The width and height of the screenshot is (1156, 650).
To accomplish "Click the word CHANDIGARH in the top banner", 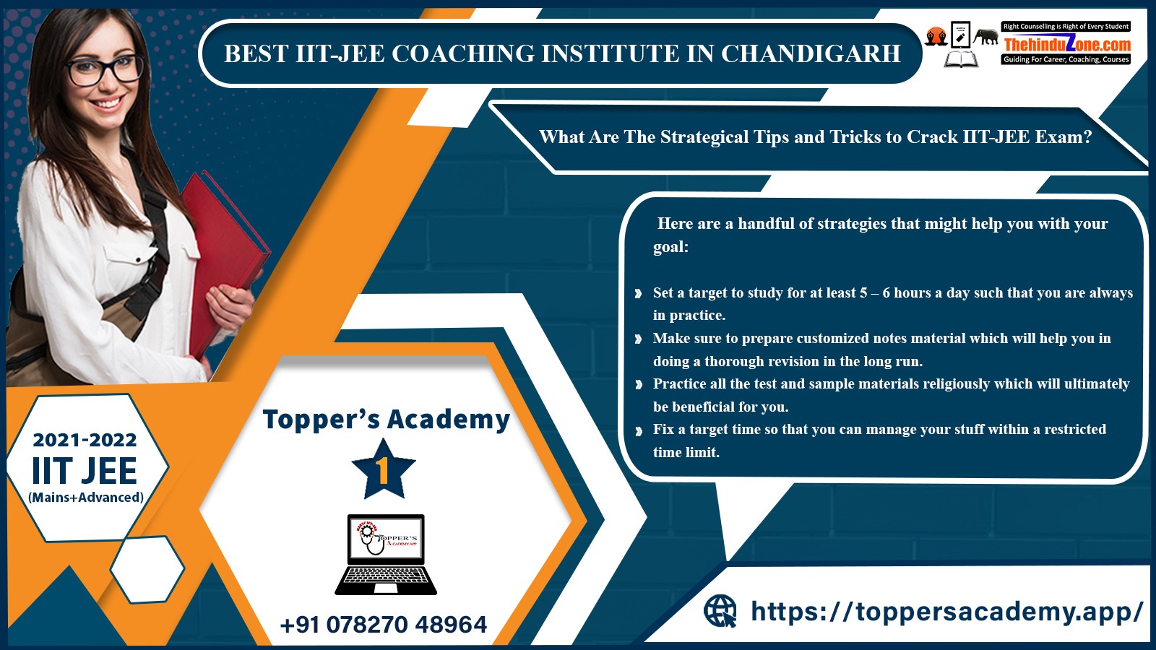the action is click(811, 53).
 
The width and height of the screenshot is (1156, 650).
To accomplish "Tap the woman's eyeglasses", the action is click(105, 70).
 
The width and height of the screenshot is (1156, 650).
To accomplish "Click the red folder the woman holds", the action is click(222, 258).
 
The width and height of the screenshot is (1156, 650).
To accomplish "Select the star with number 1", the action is click(384, 469).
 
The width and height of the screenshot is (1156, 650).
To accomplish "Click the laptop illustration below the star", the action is click(386, 555).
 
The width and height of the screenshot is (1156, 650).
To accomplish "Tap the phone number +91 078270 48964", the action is click(384, 625).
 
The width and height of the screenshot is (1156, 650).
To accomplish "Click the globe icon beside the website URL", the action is click(720, 611).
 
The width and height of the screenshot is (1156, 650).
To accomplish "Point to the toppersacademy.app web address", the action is click(947, 612).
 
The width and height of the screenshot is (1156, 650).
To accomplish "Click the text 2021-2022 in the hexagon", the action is click(85, 440).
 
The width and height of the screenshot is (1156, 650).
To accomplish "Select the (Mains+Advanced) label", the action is click(86, 498).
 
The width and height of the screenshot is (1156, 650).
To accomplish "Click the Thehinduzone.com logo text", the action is click(1067, 44).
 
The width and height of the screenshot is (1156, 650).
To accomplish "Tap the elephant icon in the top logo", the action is click(986, 37).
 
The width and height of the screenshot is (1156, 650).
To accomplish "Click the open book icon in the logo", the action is click(961, 58).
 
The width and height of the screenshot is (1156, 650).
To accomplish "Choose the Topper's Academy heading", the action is click(387, 420).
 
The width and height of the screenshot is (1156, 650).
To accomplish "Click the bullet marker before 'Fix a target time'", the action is click(639, 430).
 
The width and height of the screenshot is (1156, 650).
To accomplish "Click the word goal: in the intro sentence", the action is click(671, 247).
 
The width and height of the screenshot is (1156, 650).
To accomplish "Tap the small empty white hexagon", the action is click(147, 569).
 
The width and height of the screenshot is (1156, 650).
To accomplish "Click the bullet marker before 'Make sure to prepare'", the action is click(639, 339).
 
